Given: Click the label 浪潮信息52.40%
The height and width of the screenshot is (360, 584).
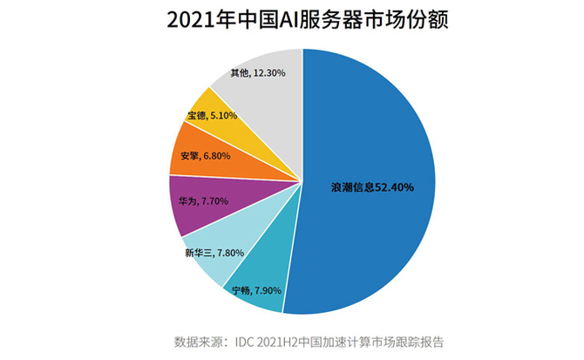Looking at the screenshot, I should [371, 187].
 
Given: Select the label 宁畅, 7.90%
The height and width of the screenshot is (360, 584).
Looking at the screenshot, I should [258, 289].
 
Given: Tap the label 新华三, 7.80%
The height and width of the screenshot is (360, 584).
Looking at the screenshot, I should [212, 254].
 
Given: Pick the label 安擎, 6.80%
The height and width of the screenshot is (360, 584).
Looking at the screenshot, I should [203, 156].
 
